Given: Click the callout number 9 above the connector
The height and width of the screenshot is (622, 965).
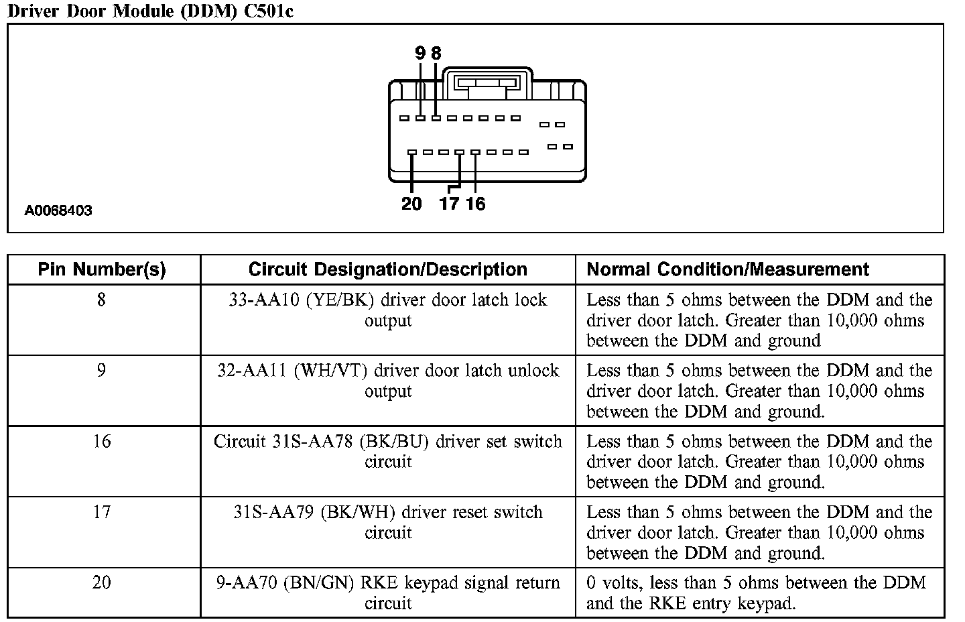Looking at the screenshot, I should pos(420,53).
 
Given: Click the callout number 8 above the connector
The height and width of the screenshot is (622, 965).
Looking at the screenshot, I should pos(436,53).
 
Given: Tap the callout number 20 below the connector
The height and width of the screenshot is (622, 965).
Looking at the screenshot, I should pos(411,204).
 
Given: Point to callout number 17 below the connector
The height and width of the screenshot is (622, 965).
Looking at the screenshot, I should pos(449,204).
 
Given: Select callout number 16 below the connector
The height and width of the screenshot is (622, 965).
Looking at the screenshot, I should pos(475,204).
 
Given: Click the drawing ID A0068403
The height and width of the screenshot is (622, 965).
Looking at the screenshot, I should pos(58,210).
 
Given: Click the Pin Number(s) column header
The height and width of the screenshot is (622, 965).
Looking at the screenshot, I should pos(102,269).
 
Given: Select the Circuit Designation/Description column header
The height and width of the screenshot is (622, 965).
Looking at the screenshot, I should pos(387,269).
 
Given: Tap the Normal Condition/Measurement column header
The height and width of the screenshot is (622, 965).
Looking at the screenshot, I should pos(728,269).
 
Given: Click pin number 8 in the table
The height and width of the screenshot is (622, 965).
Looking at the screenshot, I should pos(101,300).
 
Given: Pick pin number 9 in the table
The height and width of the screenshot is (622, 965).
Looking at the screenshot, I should pos(101,371).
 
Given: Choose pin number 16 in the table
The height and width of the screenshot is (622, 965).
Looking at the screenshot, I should pos(101,442).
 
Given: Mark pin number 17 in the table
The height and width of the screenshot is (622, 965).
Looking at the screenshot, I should pos(101,512).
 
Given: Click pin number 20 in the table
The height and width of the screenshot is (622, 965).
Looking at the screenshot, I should pos(101,582).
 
